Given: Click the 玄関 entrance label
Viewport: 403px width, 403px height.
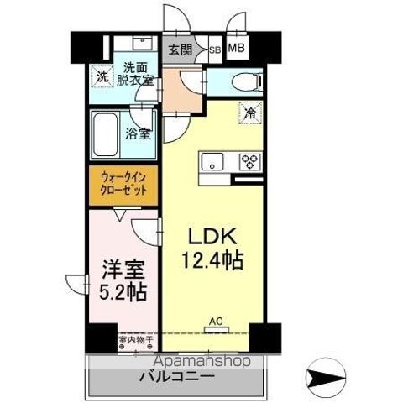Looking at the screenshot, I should tap(179, 50).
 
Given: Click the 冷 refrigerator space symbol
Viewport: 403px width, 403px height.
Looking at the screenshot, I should tap(250, 109).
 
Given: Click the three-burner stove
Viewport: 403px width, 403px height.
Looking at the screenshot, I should tap(250, 161).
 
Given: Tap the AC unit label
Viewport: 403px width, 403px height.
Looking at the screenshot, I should tap(216, 320).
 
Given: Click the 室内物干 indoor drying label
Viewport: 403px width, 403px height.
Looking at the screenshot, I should tap(134, 341).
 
